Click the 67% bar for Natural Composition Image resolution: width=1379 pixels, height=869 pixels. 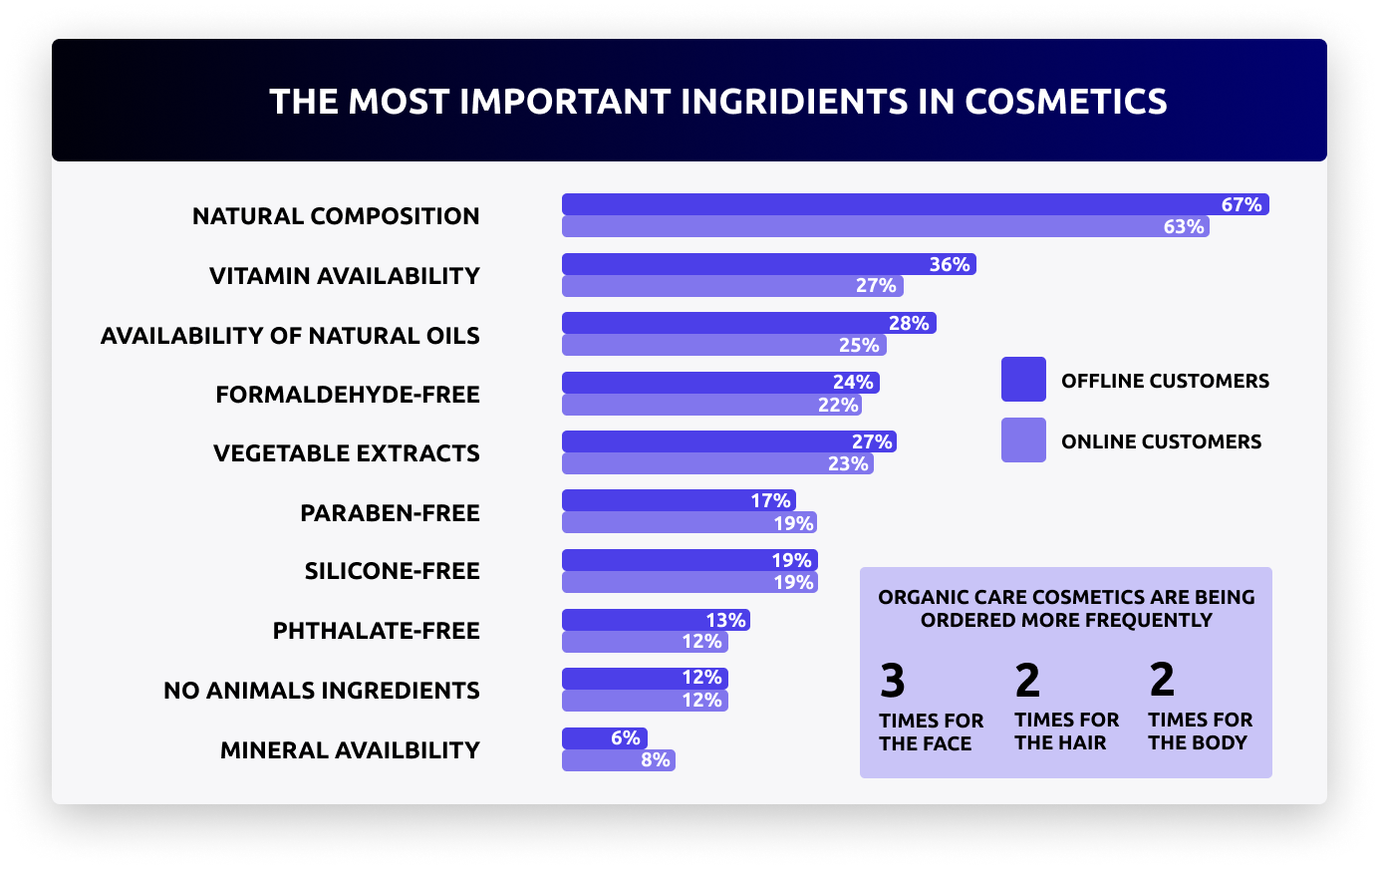coord(915,204)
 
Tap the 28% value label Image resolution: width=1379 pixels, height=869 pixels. coord(909,323)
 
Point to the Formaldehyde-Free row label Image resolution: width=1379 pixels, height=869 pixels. coord(348,395)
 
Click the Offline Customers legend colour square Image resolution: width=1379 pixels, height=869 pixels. coord(1023,380)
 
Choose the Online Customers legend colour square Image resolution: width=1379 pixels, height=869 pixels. coord(1023,440)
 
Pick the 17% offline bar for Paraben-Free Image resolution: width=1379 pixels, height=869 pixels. coord(679,500)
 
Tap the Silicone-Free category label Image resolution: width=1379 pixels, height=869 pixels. coord(392,571)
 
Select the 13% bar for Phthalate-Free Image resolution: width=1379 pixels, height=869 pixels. coord(656,620)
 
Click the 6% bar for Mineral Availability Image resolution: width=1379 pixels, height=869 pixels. coord(605,738)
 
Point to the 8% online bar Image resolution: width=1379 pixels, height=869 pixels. coord(618,760)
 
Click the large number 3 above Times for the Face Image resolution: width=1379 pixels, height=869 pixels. coord(893,682)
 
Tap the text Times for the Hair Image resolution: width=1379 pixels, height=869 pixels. coord(1066,731)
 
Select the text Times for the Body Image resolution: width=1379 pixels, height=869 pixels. coord(1200,731)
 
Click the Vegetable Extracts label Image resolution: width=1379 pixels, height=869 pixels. coord(346,453)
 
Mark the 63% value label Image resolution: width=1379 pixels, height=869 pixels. coord(1184,226)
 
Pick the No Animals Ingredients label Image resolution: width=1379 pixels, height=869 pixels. coord(321,691)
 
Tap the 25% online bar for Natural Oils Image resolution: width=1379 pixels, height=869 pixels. coord(723,346)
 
